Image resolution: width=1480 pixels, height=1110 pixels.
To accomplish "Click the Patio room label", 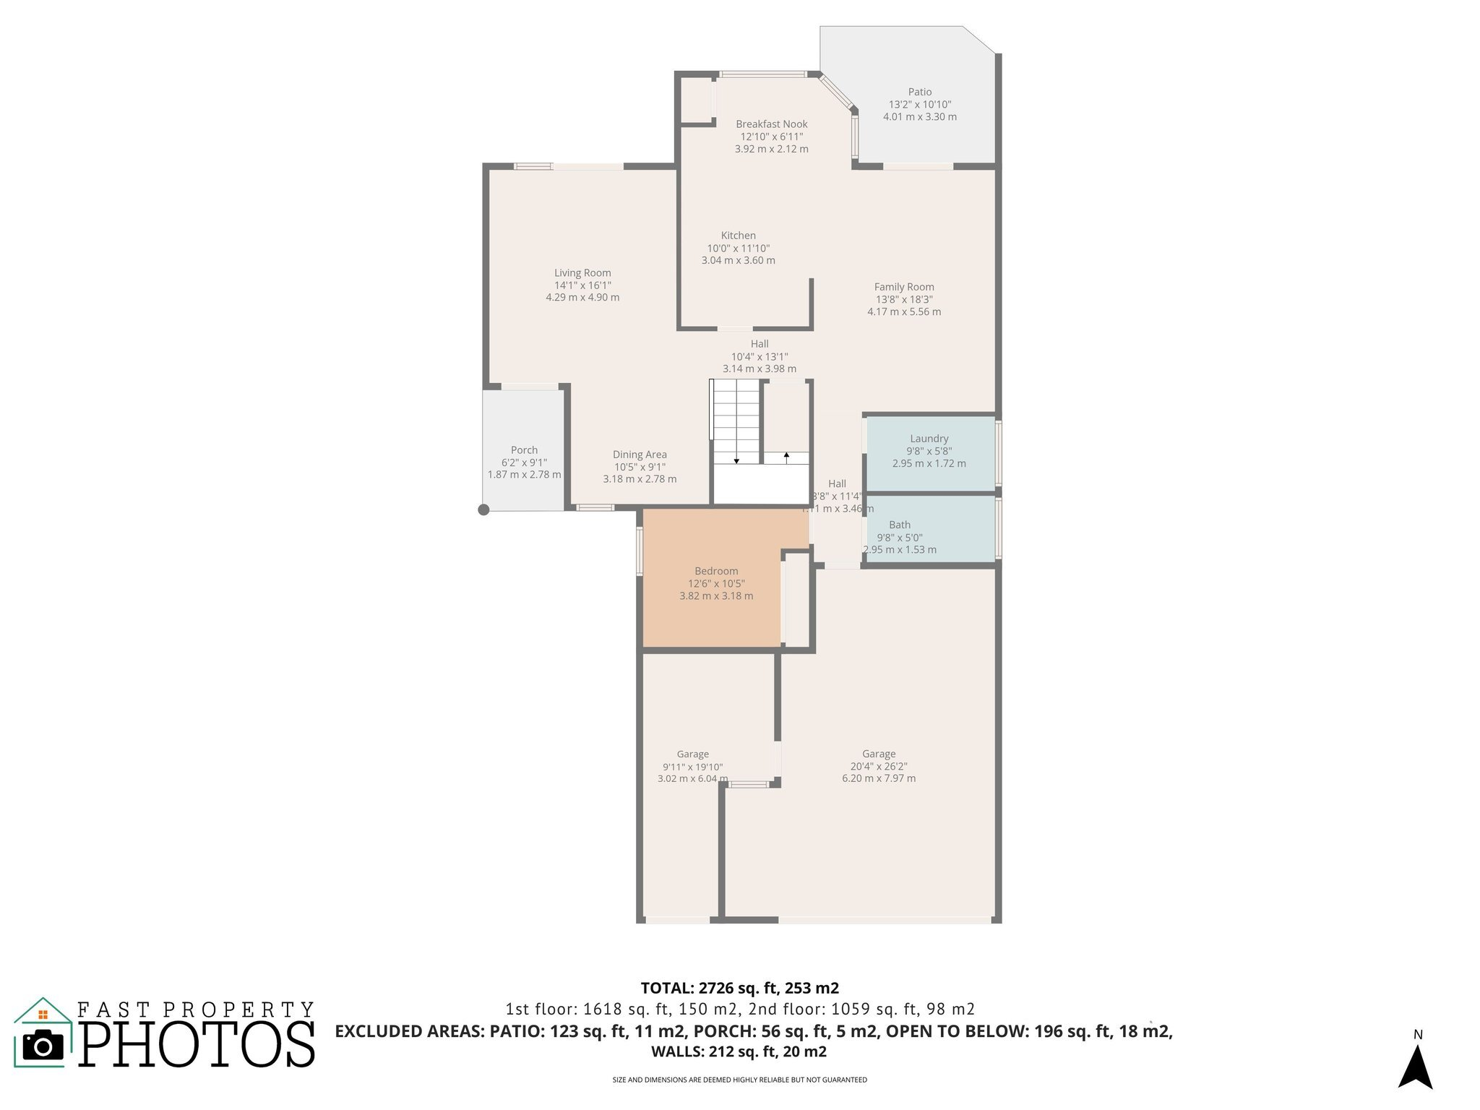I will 919,92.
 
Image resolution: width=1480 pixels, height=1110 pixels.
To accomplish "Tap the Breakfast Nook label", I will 771,124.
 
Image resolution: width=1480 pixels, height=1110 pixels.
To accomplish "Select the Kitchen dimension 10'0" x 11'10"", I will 738,248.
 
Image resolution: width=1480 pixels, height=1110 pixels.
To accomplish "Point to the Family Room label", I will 903,287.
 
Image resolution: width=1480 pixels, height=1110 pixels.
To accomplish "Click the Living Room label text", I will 582,272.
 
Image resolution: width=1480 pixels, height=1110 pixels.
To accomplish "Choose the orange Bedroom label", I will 716,571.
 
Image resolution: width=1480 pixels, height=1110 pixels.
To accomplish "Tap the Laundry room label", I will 929,439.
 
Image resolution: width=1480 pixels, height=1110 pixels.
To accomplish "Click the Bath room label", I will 899,525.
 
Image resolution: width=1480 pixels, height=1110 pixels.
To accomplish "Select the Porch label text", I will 524,450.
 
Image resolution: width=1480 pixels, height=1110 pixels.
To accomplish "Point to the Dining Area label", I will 640,455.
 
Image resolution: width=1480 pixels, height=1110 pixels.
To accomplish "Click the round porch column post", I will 484,509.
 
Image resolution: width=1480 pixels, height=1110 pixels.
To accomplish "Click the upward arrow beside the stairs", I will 786,457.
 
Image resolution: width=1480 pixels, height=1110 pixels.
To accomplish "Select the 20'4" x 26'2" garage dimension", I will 878,767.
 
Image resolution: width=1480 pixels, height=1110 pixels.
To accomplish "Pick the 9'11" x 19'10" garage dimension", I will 692,767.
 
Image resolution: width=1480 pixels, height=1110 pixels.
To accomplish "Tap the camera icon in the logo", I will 43,1044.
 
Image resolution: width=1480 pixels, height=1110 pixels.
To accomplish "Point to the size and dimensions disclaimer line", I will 739,1080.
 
